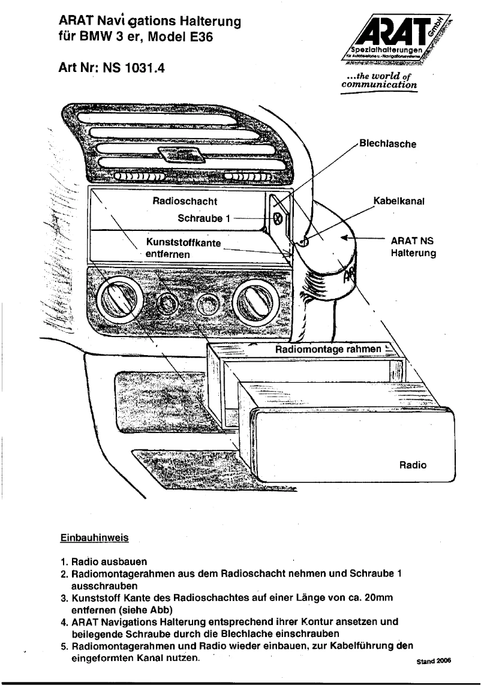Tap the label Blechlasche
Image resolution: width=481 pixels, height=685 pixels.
(387, 144)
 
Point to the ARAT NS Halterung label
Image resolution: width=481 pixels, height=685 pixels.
(412, 247)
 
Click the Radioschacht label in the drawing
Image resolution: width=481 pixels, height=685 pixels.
(185, 202)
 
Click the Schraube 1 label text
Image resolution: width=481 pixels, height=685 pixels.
(204, 219)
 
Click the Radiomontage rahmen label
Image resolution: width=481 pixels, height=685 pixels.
(328, 349)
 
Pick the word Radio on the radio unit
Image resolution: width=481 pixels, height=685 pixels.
(413, 465)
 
